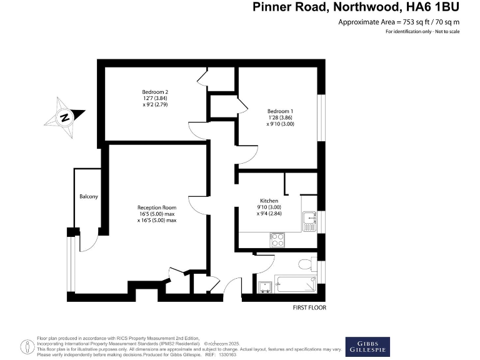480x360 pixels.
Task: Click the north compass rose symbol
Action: coord(64,116)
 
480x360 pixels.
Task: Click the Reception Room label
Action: coord(157,207)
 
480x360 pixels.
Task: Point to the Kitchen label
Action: coord(261,201)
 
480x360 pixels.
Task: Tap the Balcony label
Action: coord(89,197)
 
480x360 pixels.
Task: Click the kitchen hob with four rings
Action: coord(277,238)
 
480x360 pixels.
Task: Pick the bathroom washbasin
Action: coord(266,285)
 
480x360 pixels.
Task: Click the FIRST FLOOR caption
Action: coord(309,307)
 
